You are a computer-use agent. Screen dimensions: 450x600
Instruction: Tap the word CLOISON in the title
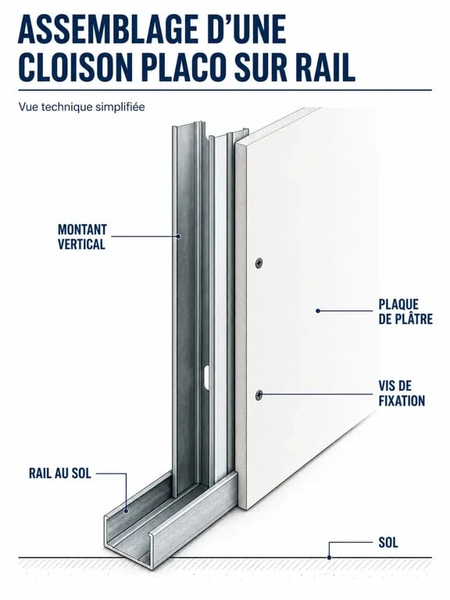click(76, 67)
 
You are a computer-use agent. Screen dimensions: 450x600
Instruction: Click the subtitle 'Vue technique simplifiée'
click(82, 107)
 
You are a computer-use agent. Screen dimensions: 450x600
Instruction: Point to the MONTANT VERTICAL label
click(81, 237)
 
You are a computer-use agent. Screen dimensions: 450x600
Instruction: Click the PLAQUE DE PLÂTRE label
click(405, 312)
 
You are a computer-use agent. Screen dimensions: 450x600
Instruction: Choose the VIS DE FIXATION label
click(402, 394)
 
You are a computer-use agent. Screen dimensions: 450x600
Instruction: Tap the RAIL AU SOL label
click(60, 473)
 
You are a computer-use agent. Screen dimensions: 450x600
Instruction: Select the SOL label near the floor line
click(388, 542)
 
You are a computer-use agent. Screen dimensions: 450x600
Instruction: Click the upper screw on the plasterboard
click(259, 262)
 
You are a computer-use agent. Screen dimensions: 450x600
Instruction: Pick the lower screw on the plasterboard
click(259, 394)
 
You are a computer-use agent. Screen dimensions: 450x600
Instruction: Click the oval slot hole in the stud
click(206, 377)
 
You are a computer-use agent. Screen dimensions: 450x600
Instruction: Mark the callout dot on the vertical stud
click(178, 236)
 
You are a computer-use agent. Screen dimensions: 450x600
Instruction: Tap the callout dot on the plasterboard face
click(318, 311)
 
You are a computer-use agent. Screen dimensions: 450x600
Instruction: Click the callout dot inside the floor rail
click(127, 510)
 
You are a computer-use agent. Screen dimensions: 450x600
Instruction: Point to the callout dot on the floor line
click(329, 558)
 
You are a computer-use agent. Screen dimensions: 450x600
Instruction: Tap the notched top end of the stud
click(209, 132)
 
